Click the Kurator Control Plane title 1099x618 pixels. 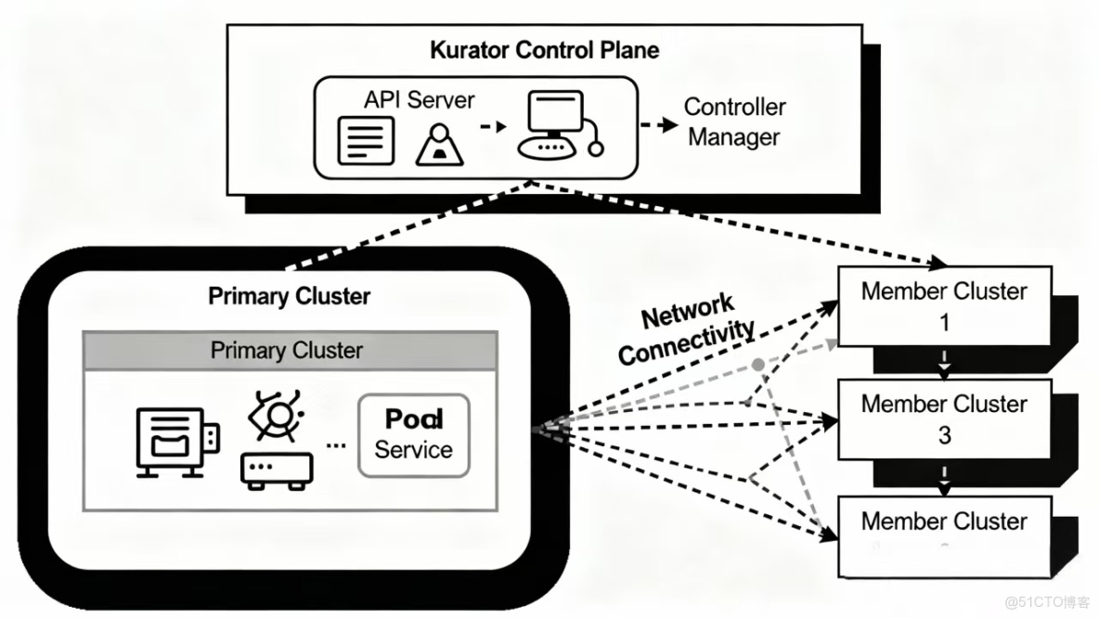545,50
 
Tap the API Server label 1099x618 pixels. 419,100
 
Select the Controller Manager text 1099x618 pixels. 735,122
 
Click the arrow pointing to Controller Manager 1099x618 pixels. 659,124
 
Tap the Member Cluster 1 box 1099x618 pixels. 944,306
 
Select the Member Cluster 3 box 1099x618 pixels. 944,419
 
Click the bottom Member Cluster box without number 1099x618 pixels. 944,535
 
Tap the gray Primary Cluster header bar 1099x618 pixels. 287,351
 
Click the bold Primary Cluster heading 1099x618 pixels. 289,296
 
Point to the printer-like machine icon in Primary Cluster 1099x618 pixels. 172,440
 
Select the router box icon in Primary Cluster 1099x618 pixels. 277,470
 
